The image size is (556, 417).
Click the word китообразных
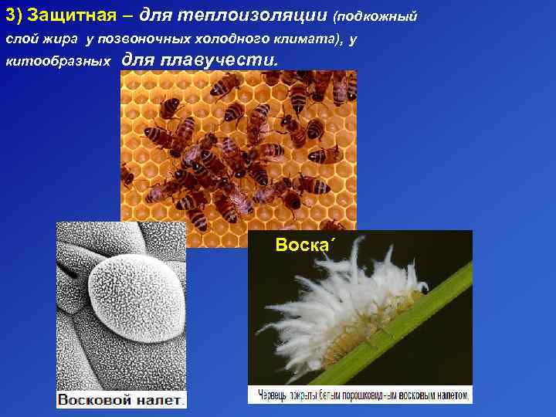pos(59,61)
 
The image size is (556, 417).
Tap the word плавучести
pos(217,59)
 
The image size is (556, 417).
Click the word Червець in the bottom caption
pos(273,395)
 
